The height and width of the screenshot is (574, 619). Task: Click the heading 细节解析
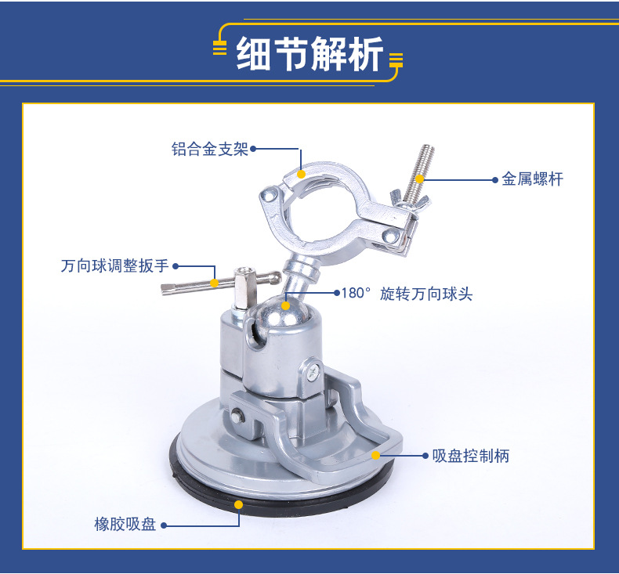309,56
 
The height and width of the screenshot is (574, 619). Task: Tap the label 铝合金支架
210,149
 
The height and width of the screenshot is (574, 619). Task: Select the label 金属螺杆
532,179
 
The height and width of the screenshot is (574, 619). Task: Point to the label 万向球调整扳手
114,266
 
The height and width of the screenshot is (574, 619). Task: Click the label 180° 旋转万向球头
407,294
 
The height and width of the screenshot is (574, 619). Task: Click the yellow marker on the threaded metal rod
420,179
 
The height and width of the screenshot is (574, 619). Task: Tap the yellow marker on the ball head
287,305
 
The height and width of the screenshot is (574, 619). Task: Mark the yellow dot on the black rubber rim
238,504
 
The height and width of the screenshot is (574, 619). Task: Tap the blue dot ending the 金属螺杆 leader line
495,179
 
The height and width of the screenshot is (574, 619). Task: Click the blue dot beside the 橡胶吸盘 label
165,525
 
